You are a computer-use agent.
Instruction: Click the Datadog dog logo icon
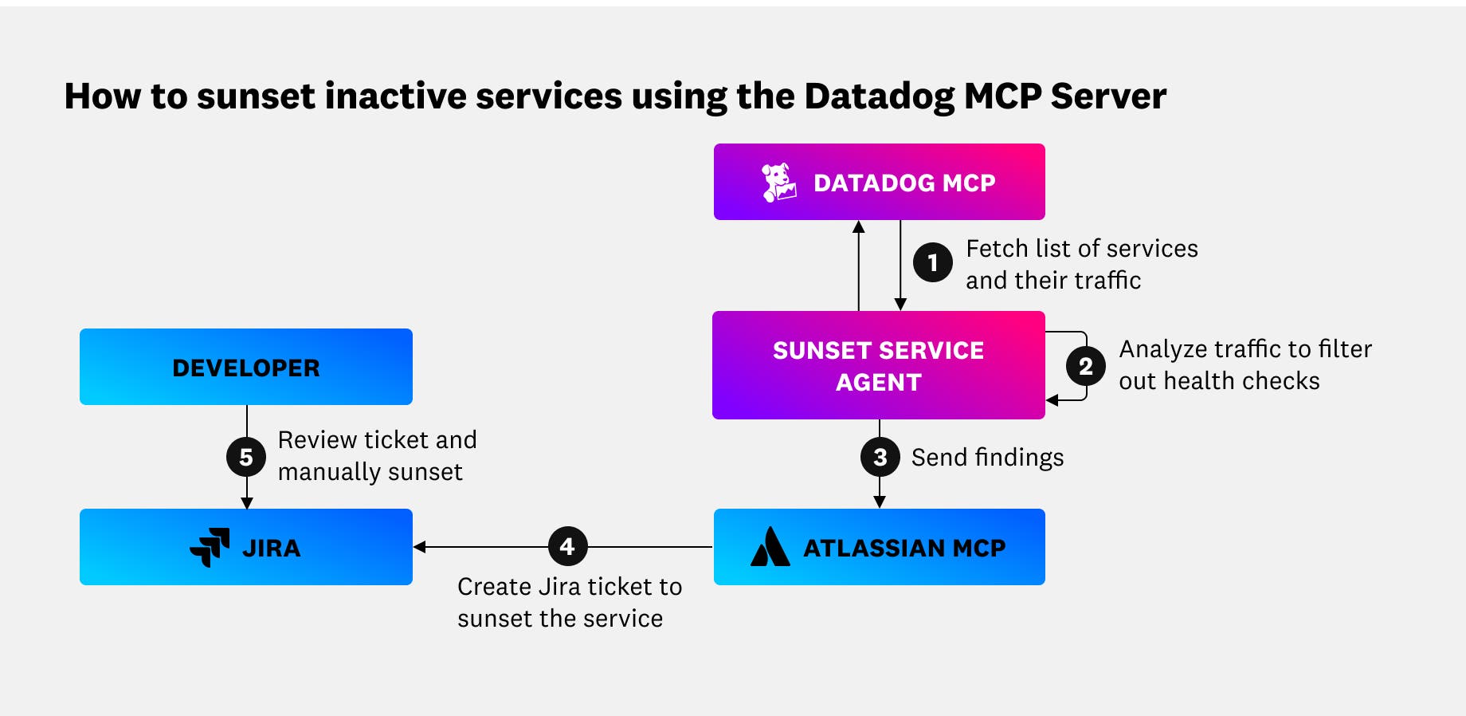point(778,183)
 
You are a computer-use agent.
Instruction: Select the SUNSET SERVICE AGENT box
point(878,366)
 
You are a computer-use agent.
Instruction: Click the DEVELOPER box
point(245,368)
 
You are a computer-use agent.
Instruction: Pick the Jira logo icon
point(210,548)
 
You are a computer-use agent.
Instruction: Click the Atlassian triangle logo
point(770,548)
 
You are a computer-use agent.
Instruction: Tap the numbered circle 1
point(932,263)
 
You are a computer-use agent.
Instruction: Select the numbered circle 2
point(1085,367)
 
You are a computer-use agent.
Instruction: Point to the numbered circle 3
point(880,457)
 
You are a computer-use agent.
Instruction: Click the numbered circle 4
point(567,547)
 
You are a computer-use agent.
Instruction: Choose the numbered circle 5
point(246,457)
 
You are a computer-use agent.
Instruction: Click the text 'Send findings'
point(987,458)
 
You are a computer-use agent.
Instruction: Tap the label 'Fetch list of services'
point(1081,249)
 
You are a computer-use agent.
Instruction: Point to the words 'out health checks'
point(1218,381)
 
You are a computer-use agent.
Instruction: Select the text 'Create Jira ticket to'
point(569,587)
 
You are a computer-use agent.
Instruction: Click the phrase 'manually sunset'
point(370,472)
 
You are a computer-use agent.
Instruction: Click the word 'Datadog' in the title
point(879,97)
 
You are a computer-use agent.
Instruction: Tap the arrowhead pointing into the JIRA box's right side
point(420,547)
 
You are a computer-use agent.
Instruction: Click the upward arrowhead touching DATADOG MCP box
point(858,226)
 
